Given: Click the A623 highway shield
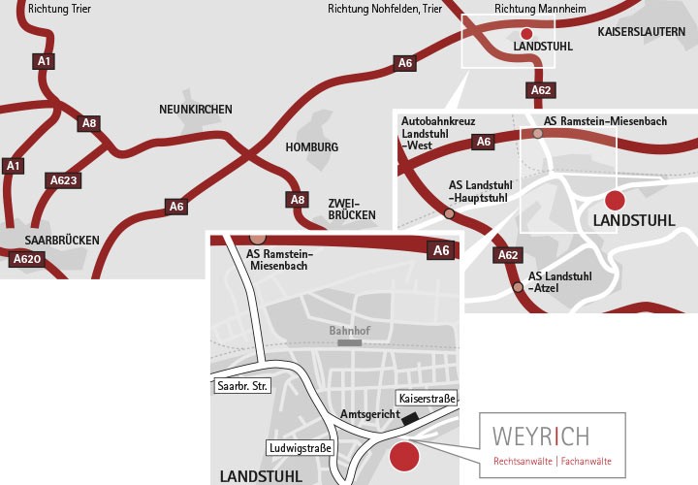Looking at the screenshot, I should point(63,180).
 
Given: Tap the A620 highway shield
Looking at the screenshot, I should point(26,259).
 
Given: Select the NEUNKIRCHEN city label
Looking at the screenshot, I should point(196,110).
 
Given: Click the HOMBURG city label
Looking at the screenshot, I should point(312,147).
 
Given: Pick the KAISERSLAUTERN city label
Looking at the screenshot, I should point(641,32).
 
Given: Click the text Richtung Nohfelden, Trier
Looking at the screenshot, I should point(386,10).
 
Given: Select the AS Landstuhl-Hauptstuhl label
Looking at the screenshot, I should point(480,191).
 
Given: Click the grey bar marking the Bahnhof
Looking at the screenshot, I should point(349,342).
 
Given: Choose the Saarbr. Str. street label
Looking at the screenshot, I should point(242,386).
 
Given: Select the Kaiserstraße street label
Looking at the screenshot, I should point(427,399).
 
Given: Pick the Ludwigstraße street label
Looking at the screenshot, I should point(301,448).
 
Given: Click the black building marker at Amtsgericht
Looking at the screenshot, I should point(411,418).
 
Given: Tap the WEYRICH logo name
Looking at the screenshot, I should point(539,436).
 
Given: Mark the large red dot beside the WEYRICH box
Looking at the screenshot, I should point(403,455).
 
